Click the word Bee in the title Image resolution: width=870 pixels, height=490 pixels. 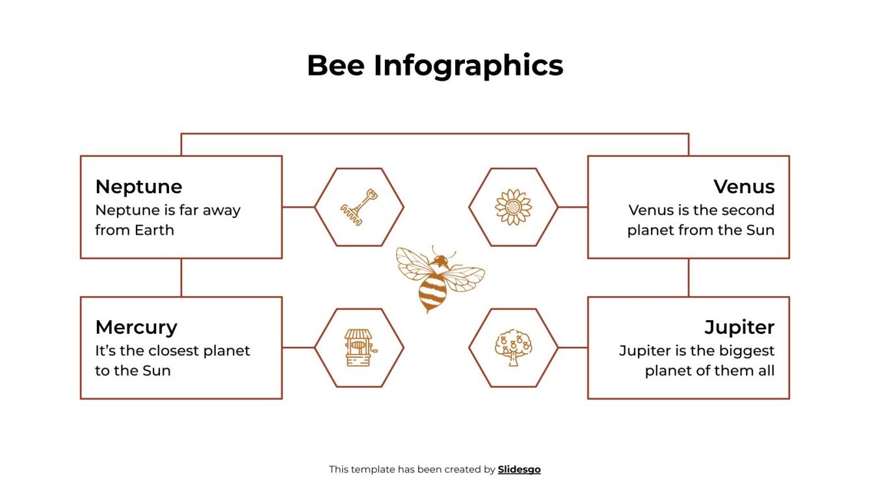(335, 66)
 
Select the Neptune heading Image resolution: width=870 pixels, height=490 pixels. (138, 187)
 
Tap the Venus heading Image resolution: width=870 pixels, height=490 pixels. (744, 187)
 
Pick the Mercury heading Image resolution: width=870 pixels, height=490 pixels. (136, 327)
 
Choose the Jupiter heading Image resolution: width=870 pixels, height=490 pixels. (739, 327)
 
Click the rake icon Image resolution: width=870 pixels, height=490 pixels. (359, 206)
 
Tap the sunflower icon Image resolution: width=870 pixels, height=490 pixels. (513, 207)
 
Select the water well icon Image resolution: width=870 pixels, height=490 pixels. (359, 347)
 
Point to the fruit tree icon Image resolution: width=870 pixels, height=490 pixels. (513, 347)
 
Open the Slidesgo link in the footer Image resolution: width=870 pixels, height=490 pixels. (519, 469)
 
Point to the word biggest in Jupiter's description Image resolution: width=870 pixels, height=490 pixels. (747, 351)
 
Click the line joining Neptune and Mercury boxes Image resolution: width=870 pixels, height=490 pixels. (181, 277)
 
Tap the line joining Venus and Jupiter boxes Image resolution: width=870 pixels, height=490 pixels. (688, 277)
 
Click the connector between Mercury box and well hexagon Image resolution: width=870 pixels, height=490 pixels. (298, 347)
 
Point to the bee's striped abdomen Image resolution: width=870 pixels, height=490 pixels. (432, 290)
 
